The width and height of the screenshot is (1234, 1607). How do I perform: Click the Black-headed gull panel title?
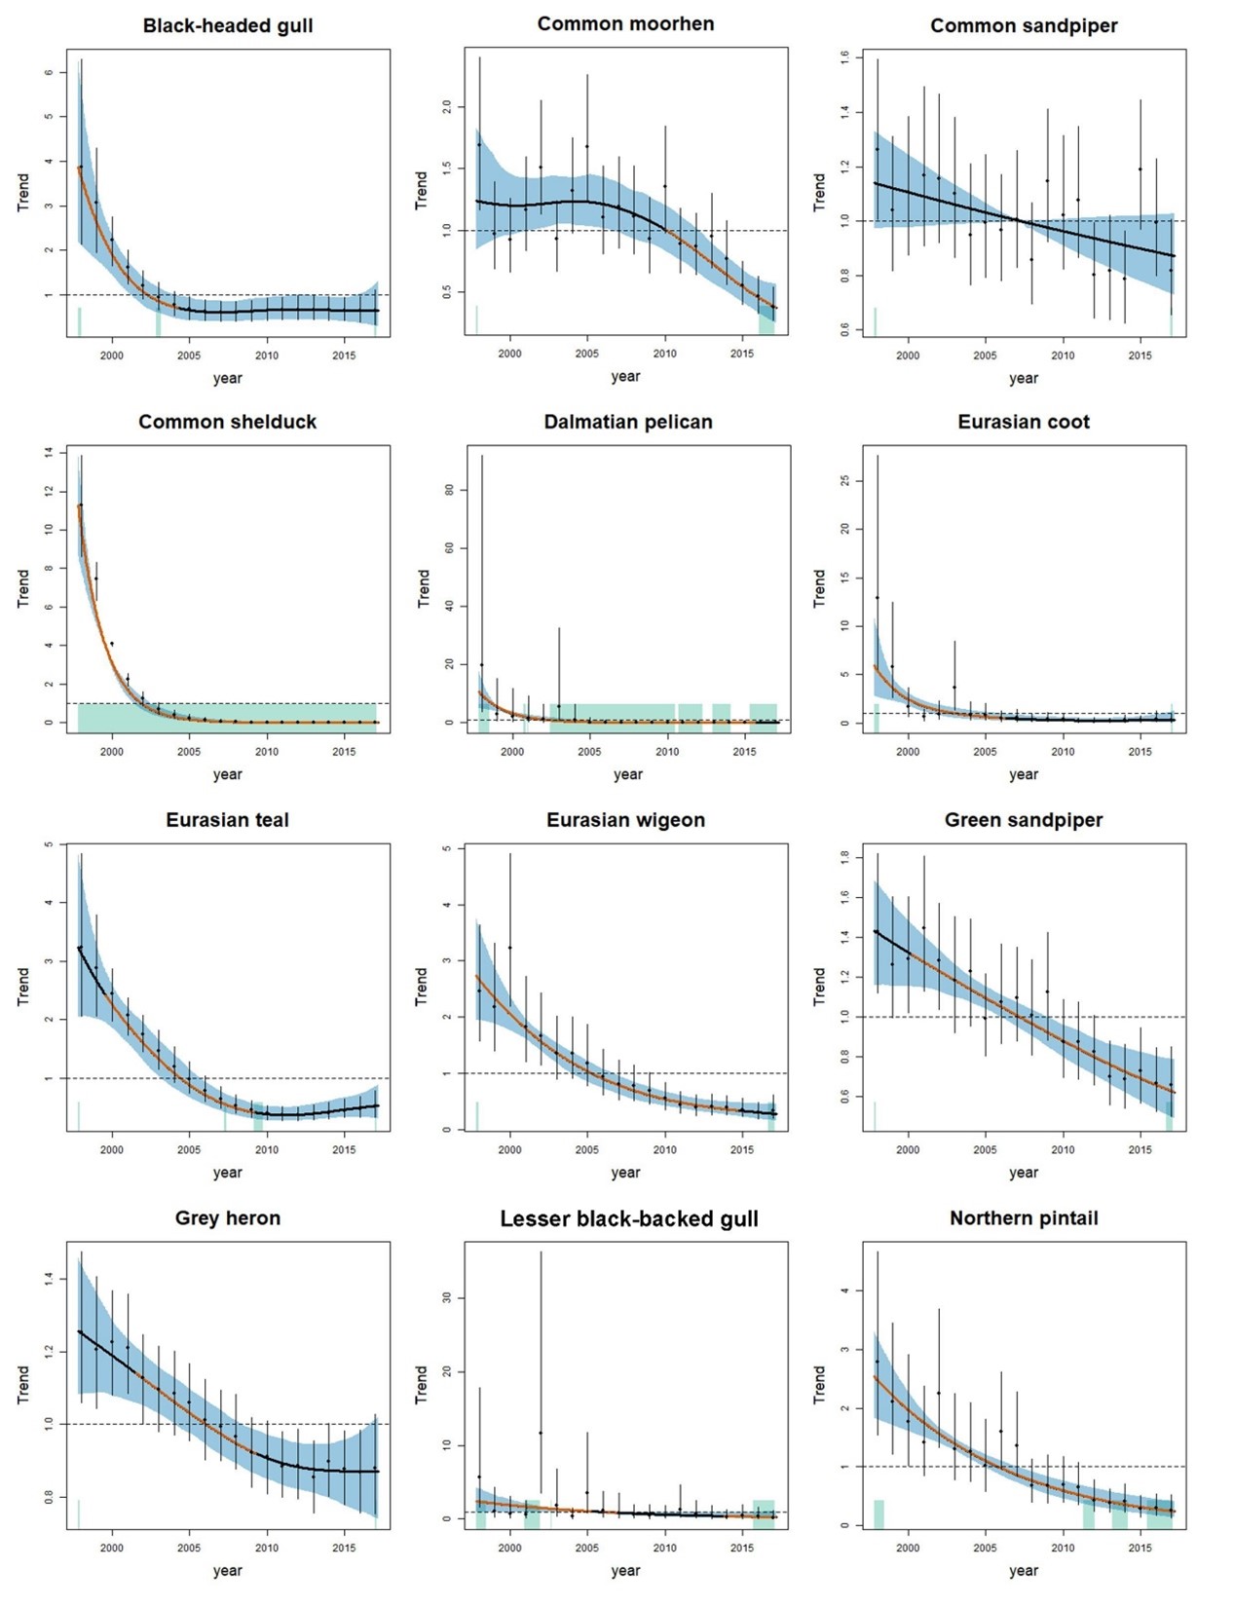[x=228, y=26]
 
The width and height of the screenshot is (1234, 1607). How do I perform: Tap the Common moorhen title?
[x=625, y=24]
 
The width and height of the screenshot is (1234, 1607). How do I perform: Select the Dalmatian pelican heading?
[x=628, y=423]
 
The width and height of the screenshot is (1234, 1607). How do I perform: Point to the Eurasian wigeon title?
[x=625, y=820]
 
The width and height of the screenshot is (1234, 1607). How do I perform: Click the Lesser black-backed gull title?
[x=628, y=1219]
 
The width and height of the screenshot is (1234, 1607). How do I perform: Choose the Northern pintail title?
[x=1024, y=1218]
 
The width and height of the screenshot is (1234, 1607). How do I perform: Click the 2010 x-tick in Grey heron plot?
[x=267, y=1548]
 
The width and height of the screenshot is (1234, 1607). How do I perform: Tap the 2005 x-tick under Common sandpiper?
[x=985, y=355]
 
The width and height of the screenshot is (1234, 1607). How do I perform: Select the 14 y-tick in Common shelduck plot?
[x=49, y=453]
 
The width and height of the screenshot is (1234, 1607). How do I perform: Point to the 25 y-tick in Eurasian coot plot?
[x=844, y=480]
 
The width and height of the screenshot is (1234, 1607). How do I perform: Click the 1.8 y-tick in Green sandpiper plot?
[x=844, y=857]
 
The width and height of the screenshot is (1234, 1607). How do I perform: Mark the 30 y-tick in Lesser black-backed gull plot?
[x=447, y=1297]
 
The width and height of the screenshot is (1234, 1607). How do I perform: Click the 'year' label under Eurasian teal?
[x=228, y=1173]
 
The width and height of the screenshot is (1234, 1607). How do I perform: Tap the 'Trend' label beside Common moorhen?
[x=421, y=191]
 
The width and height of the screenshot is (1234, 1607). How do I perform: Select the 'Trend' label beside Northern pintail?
[x=819, y=1384]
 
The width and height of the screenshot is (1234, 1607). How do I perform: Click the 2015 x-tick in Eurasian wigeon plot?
[x=742, y=1150]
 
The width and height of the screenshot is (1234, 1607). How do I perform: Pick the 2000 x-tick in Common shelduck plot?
[x=112, y=752]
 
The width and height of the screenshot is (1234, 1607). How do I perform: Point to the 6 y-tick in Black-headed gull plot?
[x=49, y=72]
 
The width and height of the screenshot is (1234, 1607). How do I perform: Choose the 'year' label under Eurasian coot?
[x=1024, y=774]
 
